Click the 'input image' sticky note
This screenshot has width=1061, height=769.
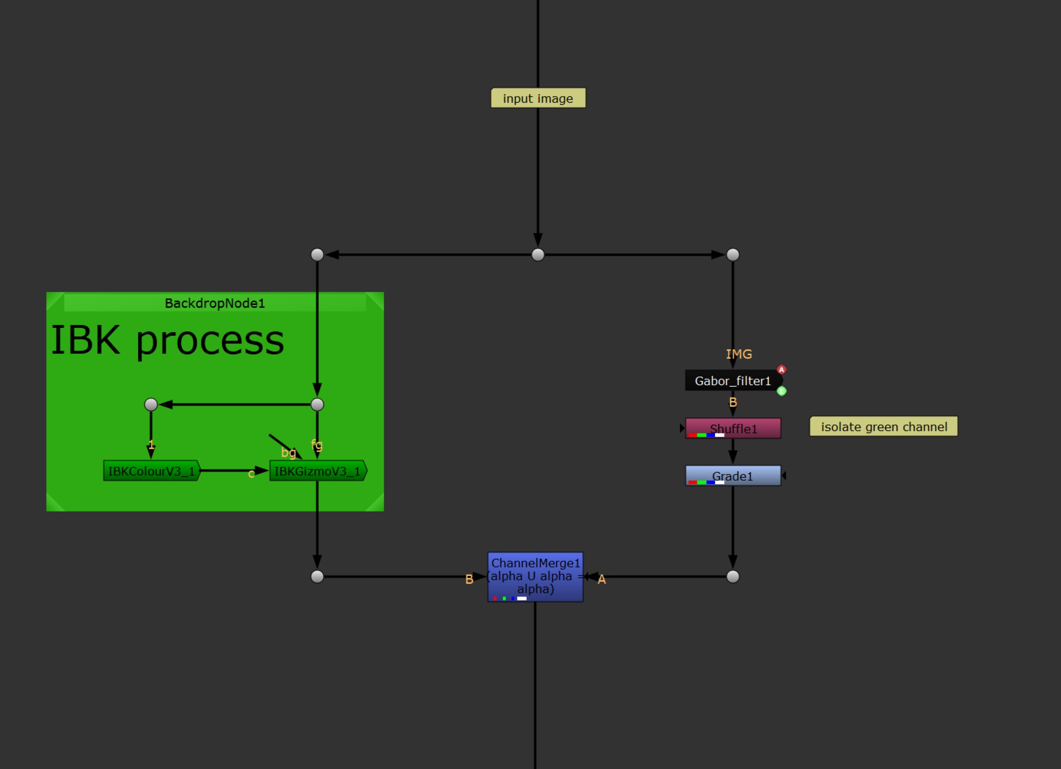(538, 98)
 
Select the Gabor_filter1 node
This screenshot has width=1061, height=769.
(732, 380)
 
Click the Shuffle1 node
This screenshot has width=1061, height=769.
(733, 428)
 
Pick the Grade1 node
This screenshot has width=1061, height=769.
(733, 476)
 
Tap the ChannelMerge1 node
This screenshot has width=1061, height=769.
(535, 576)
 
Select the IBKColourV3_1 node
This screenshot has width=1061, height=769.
(151, 471)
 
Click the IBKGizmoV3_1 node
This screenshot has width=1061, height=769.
(318, 471)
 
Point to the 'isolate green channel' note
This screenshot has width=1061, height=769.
(883, 426)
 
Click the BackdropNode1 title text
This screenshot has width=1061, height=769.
(214, 303)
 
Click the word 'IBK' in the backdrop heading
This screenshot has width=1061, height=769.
(86, 340)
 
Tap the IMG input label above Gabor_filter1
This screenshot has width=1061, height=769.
(739, 354)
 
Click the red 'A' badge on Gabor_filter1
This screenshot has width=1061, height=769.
(782, 369)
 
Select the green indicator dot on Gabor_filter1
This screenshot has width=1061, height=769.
(782, 391)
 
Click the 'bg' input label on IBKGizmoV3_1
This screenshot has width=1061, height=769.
(289, 452)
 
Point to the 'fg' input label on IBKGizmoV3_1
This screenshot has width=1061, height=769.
(317, 445)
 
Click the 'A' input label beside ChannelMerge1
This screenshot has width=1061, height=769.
(602, 579)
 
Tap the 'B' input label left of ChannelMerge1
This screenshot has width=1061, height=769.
(469, 579)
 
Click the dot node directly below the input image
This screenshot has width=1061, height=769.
(538, 255)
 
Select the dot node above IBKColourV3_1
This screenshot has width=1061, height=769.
(151, 404)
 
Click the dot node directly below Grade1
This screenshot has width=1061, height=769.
(733, 577)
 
